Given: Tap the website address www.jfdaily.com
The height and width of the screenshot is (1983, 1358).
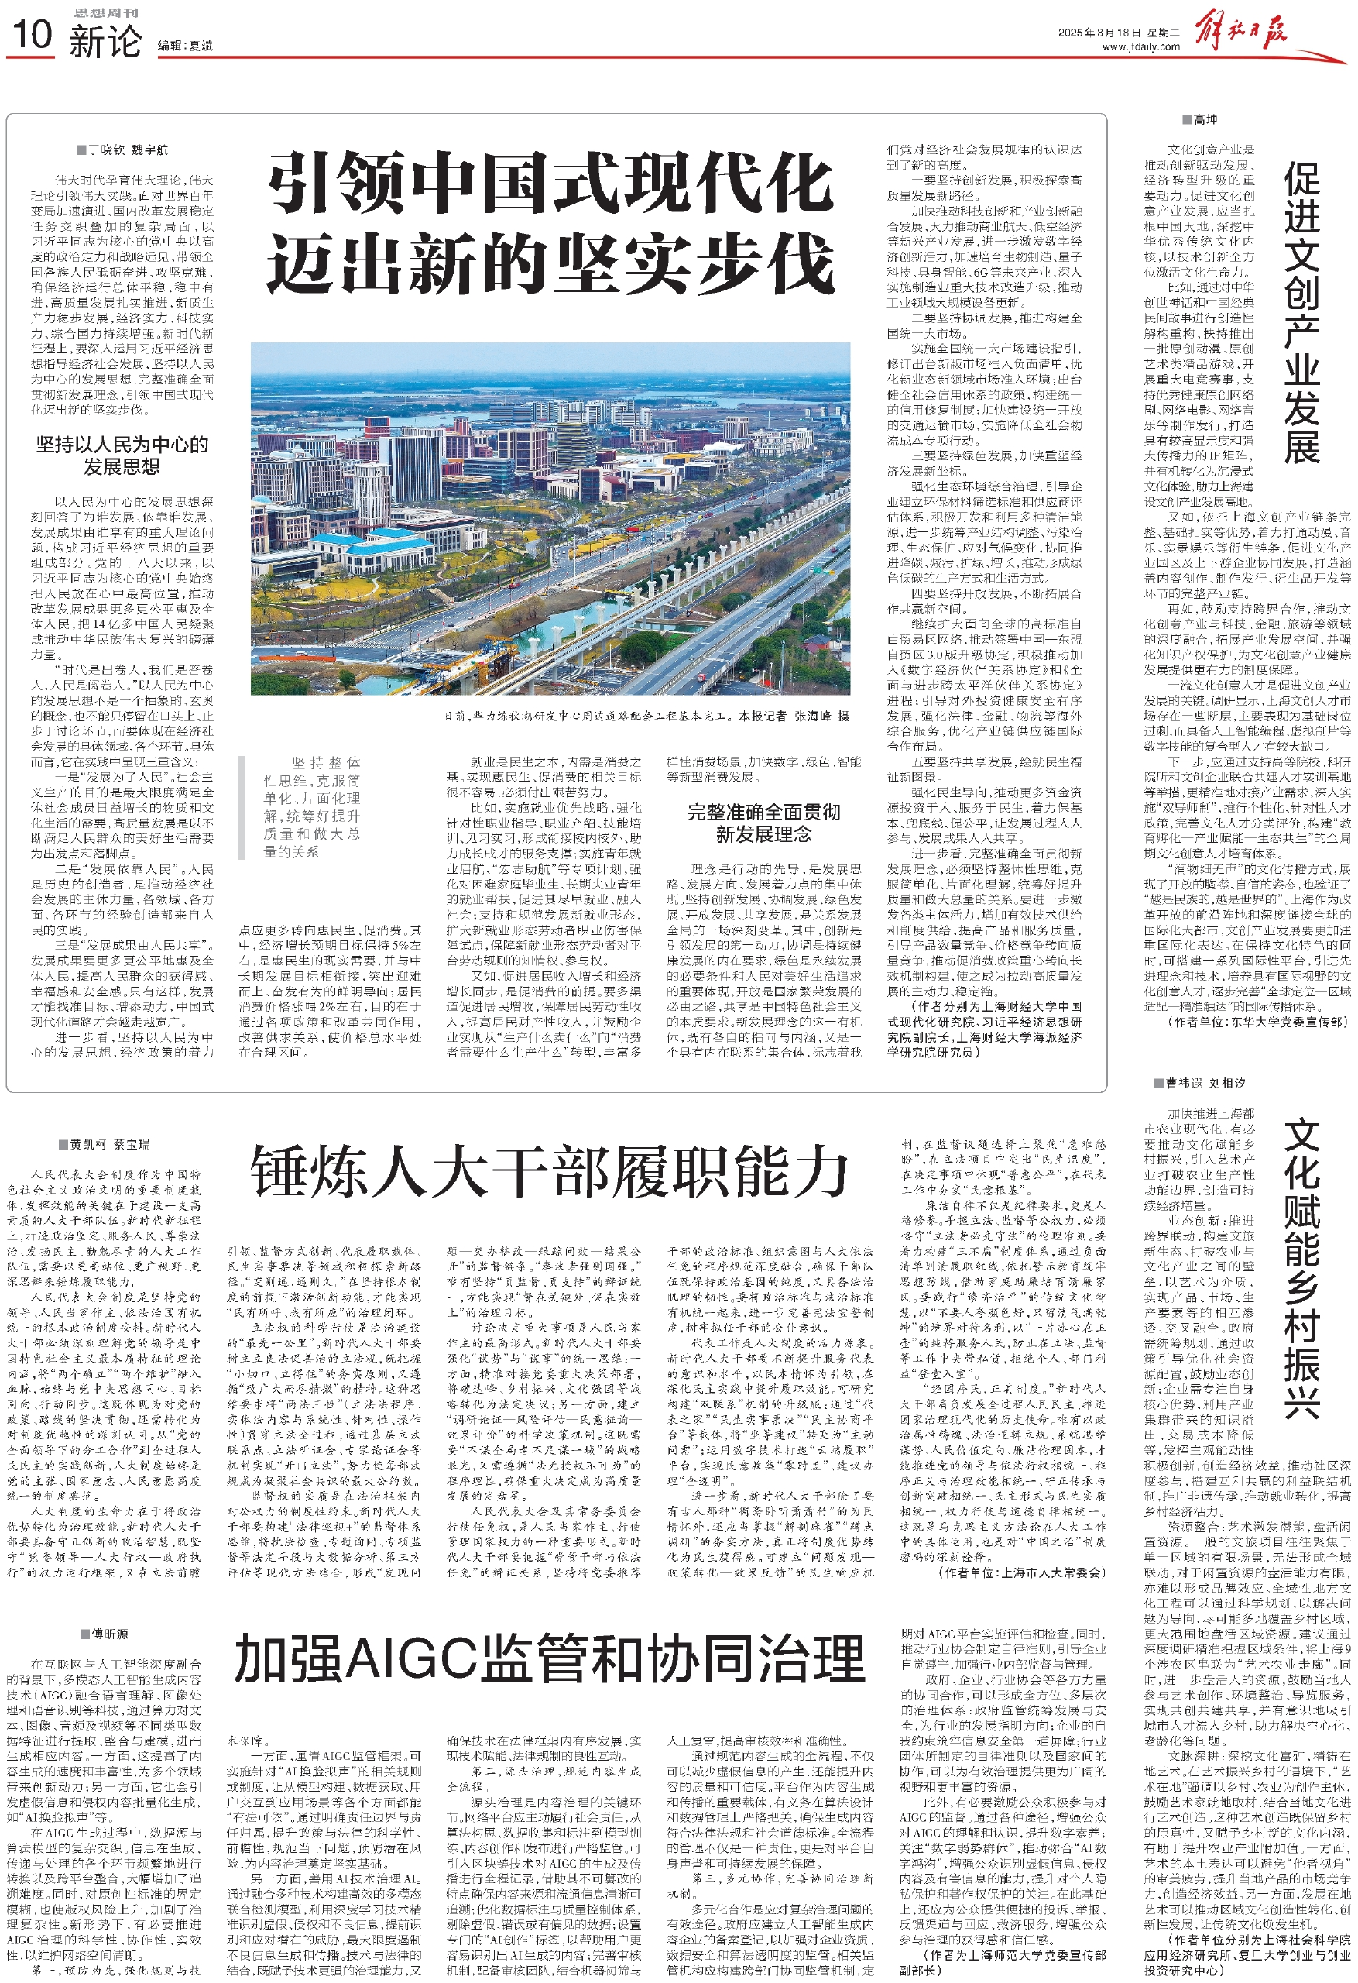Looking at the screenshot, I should [x=1140, y=48].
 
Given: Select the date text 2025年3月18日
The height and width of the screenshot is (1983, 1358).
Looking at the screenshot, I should [x=1099, y=33].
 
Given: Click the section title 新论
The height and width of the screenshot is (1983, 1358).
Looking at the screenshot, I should [x=105, y=41].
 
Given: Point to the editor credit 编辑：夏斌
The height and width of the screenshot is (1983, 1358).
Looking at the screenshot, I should [x=185, y=46].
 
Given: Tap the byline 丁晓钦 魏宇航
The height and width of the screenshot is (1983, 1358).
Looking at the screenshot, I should [x=127, y=150].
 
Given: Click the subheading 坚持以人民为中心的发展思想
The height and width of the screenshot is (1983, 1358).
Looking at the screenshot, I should [x=122, y=455].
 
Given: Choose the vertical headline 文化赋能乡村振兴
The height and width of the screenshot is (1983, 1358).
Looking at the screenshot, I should [x=1301, y=1267].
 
